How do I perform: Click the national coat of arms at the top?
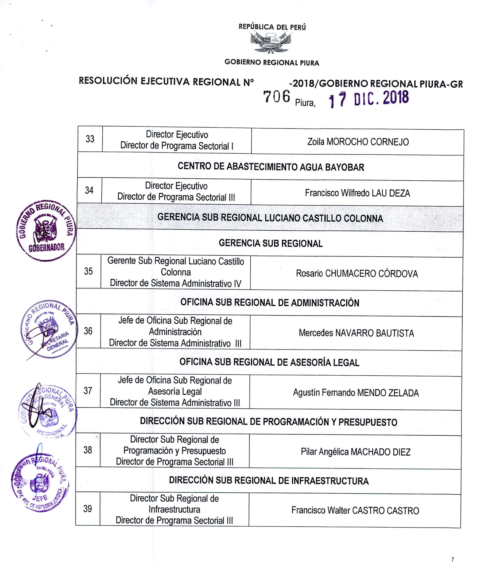pyautogui.click(x=271, y=42)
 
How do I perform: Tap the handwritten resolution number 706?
pyautogui.click(x=276, y=96)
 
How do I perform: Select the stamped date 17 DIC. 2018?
pyautogui.click(x=369, y=98)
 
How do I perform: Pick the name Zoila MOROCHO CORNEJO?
pyautogui.click(x=358, y=142)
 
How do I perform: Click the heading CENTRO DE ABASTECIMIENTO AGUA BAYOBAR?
pyautogui.click(x=271, y=167)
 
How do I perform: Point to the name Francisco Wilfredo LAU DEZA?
pyautogui.click(x=357, y=193)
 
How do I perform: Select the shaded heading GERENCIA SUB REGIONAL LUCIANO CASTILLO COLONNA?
pyautogui.click(x=270, y=218)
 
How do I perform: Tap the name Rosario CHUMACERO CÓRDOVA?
pyautogui.click(x=357, y=273)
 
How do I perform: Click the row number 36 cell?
pyautogui.click(x=88, y=331)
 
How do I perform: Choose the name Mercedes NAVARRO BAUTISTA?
pyautogui.click(x=356, y=333)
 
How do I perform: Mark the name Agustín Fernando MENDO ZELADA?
pyautogui.click(x=356, y=393)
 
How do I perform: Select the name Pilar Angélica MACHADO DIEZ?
pyautogui.click(x=356, y=452)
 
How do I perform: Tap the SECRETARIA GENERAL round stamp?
pyautogui.click(x=49, y=329)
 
